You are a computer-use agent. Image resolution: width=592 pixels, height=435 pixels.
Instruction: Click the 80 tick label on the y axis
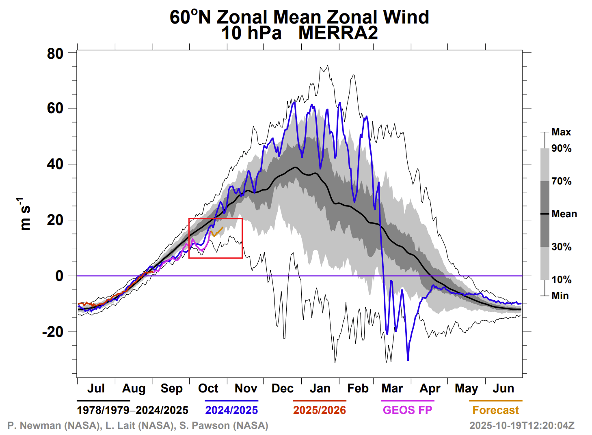point(55,54)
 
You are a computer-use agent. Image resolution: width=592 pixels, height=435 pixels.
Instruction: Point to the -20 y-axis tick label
point(53,332)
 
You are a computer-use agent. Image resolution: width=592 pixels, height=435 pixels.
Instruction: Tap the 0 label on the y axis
point(59,276)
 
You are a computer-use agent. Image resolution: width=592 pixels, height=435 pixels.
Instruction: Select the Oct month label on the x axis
point(208,388)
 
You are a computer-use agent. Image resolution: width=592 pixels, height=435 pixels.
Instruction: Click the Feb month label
point(358,388)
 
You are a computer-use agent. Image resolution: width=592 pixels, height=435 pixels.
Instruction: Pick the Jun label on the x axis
point(503,388)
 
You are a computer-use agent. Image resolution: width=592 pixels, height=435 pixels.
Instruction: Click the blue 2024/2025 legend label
point(231,410)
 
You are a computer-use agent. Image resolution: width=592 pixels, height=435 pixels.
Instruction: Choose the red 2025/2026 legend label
point(320,410)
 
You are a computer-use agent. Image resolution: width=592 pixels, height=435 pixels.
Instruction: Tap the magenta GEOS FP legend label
point(407,410)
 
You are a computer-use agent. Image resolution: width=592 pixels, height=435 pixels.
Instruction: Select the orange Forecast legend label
point(495,410)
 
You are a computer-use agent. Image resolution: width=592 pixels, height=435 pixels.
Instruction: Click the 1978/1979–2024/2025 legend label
point(132,410)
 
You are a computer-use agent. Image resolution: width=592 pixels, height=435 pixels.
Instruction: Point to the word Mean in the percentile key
point(564,214)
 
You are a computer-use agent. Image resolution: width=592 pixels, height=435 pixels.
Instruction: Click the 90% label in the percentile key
point(561,148)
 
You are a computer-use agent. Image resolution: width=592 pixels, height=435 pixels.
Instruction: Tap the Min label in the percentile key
point(560,296)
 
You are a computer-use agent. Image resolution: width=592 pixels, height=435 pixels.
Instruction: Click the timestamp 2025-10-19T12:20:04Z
point(522,426)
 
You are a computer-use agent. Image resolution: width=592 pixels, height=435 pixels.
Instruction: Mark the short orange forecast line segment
point(218,231)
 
